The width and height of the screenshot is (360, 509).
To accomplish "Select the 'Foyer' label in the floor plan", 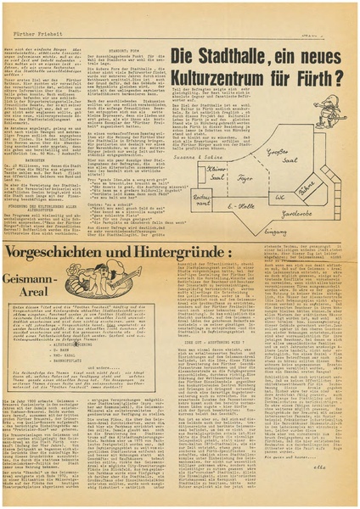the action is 245,180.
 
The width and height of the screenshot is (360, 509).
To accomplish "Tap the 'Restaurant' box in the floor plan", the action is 202,201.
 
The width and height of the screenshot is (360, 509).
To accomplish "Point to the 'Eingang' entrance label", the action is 279,232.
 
